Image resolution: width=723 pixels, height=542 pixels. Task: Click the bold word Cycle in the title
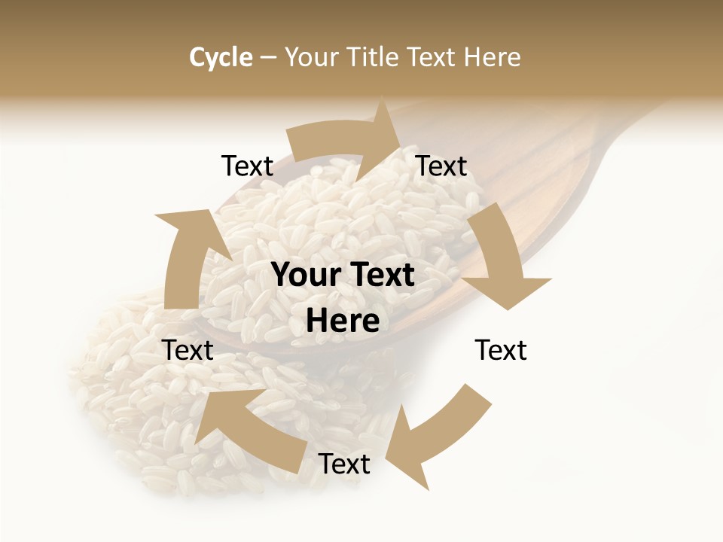(221, 57)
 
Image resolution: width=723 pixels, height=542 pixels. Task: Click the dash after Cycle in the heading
(268, 57)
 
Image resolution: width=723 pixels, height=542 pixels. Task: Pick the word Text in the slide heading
(432, 57)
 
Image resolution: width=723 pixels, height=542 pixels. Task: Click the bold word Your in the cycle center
(305, 276)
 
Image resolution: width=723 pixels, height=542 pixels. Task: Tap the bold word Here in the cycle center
(343, 321)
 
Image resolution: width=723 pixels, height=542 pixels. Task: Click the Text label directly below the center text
(344, 464)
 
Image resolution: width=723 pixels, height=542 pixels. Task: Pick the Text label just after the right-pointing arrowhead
(441, 166)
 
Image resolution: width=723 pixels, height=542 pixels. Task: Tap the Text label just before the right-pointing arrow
(247, 166)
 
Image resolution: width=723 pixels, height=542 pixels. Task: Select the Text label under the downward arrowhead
(501, 351)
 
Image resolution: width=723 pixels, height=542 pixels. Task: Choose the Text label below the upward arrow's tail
(188, 351)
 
